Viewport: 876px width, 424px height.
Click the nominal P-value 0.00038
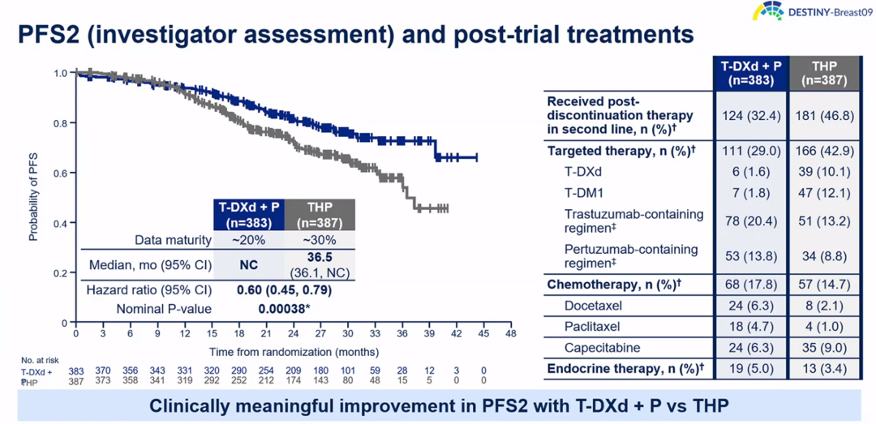[283, 308]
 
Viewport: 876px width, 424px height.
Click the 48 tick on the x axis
[510, 333]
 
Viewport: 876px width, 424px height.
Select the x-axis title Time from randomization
[294, 352]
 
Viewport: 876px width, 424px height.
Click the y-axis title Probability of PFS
[34, 198]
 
